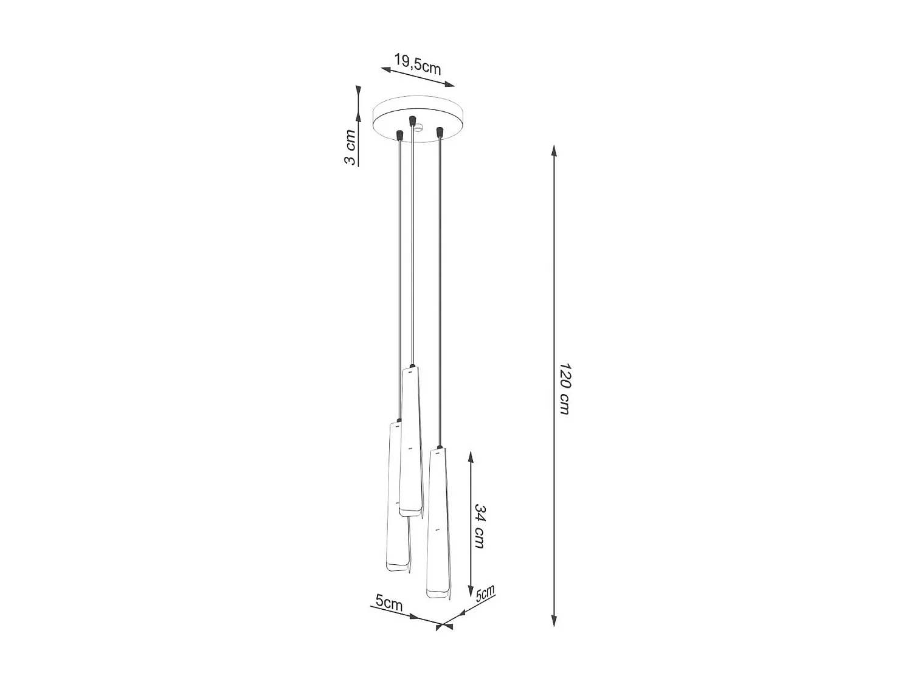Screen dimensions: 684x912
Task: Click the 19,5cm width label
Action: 417,64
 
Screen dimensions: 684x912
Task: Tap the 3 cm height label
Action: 350,147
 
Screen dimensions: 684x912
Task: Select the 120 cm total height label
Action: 565,389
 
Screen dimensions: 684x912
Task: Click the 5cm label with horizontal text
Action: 389,603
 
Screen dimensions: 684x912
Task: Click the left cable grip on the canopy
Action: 399,134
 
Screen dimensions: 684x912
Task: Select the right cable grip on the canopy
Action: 439,131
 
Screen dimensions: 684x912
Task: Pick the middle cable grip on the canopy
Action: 412,120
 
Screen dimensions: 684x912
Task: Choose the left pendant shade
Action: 396,496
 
